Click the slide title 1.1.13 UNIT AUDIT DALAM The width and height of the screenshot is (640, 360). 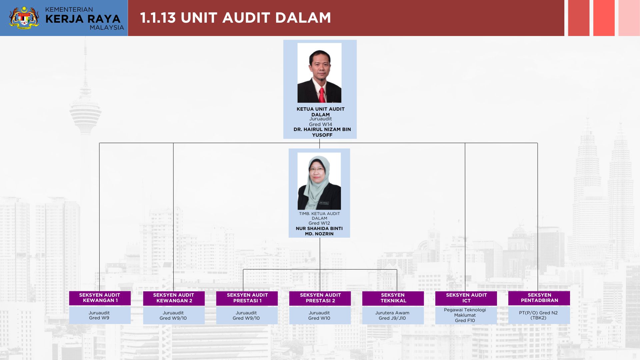click(235, 18)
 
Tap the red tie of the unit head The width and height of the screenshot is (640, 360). click(322, 95)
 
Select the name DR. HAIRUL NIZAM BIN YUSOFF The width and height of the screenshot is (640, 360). click(322, 132)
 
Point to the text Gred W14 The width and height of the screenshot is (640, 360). click(320, 124)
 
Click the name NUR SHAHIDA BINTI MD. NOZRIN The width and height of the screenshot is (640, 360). click(319, 231)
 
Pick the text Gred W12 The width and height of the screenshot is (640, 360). click(319, 223)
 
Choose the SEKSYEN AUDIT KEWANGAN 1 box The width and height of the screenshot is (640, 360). click(100, 298)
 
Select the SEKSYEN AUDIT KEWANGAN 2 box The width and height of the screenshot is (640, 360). click(174, 298)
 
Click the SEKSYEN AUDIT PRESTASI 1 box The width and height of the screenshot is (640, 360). click(247, 298)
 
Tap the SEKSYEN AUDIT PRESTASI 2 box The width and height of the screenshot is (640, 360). click(320, 298)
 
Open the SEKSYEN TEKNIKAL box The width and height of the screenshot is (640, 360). click(393, 298)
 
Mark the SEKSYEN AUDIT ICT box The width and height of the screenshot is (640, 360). click(466, 298)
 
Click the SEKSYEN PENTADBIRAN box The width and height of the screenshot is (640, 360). click(539, 298)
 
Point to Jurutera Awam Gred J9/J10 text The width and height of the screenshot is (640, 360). click(392, 315)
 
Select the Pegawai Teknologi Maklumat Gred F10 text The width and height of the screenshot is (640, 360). click(465, 315)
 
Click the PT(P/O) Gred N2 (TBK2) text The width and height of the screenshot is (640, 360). click(538, 315)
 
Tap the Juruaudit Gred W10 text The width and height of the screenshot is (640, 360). click(319, 315)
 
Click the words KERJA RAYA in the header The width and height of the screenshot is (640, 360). click(83, 19)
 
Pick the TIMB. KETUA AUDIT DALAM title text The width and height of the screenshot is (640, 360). click(319, 216)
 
